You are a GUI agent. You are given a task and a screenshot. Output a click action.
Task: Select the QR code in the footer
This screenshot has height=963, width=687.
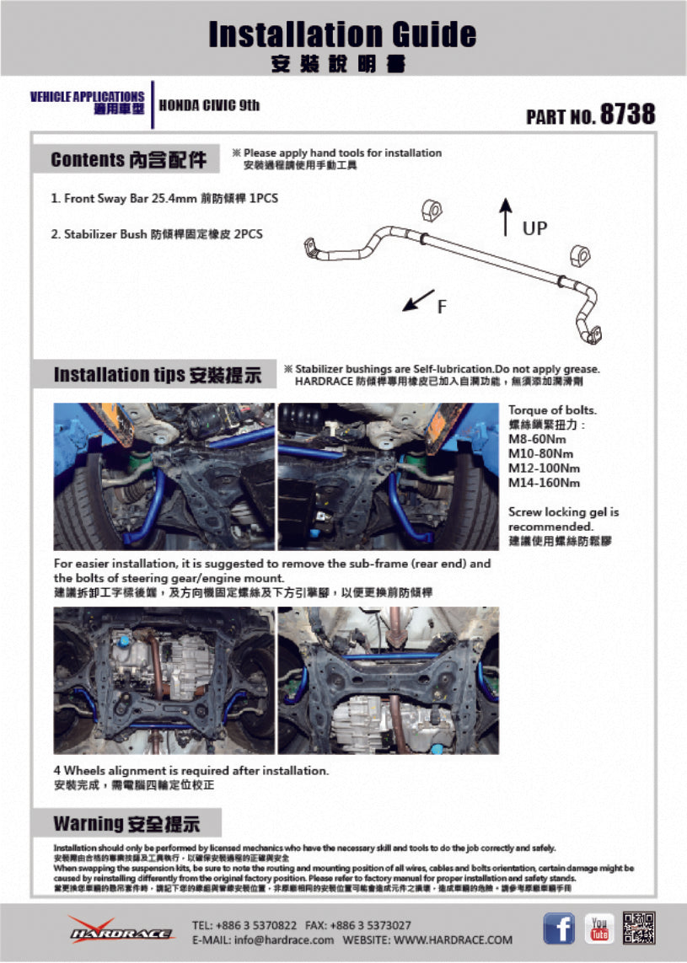click(x=639, y=928)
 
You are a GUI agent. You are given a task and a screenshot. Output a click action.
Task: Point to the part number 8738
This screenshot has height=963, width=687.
click(x=627, y=115)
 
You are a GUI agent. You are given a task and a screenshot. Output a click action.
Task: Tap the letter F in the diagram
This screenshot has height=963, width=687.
click(x=442, y=308)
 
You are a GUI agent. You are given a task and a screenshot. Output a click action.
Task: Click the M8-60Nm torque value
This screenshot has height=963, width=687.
click(x=536, y=439)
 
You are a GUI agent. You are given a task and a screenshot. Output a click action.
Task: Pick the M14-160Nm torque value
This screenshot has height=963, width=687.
click(x=544, y=483)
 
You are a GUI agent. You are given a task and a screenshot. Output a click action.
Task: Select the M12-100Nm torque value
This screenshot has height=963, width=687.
click(x=544, y=468)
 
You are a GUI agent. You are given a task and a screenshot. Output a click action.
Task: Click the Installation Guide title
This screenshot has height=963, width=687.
click(x=342, y=35)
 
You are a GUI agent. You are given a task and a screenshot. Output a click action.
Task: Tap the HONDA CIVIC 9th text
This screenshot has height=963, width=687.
click(x=209, y=105)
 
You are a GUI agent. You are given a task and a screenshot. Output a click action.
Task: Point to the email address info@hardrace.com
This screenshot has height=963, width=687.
click(x=263, y=939)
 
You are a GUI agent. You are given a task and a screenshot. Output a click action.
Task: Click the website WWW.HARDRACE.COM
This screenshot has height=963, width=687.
click(x=453, y=939)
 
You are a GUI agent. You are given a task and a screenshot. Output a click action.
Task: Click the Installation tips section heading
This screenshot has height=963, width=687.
click(x=158, y=375)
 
